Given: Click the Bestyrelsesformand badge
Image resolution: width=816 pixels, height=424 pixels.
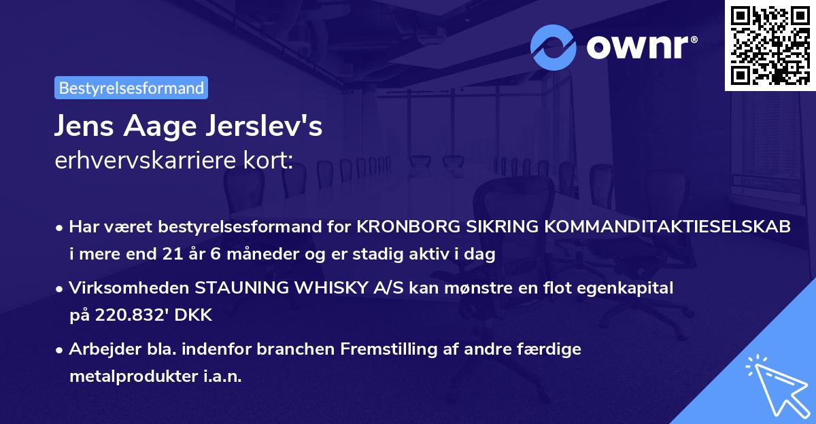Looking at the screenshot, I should coord(131,88).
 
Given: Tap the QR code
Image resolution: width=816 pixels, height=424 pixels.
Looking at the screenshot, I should coord(768,45).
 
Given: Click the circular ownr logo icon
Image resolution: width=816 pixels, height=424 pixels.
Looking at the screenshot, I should coord(554,47).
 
